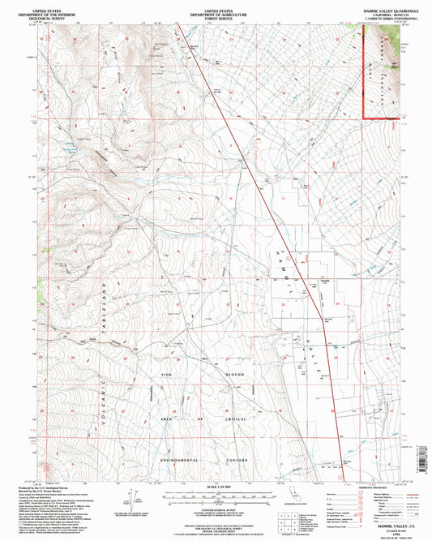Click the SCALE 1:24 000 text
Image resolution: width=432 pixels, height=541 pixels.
215,487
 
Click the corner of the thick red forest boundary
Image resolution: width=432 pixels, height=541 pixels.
363,118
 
